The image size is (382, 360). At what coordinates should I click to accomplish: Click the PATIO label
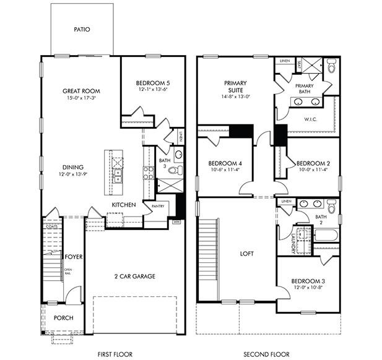pos(83,29)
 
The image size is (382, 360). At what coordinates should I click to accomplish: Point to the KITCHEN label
pos(124,204)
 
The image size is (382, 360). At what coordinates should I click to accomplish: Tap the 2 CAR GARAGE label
pos(134,276)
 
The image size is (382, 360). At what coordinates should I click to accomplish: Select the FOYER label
pos(74,256)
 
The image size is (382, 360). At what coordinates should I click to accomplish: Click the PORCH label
pos(63,318)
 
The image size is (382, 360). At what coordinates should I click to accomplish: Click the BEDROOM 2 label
pos(315,163)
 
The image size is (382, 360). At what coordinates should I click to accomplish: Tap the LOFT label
pos(247,254)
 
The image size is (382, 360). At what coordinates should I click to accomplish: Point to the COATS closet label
pos(51,226)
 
